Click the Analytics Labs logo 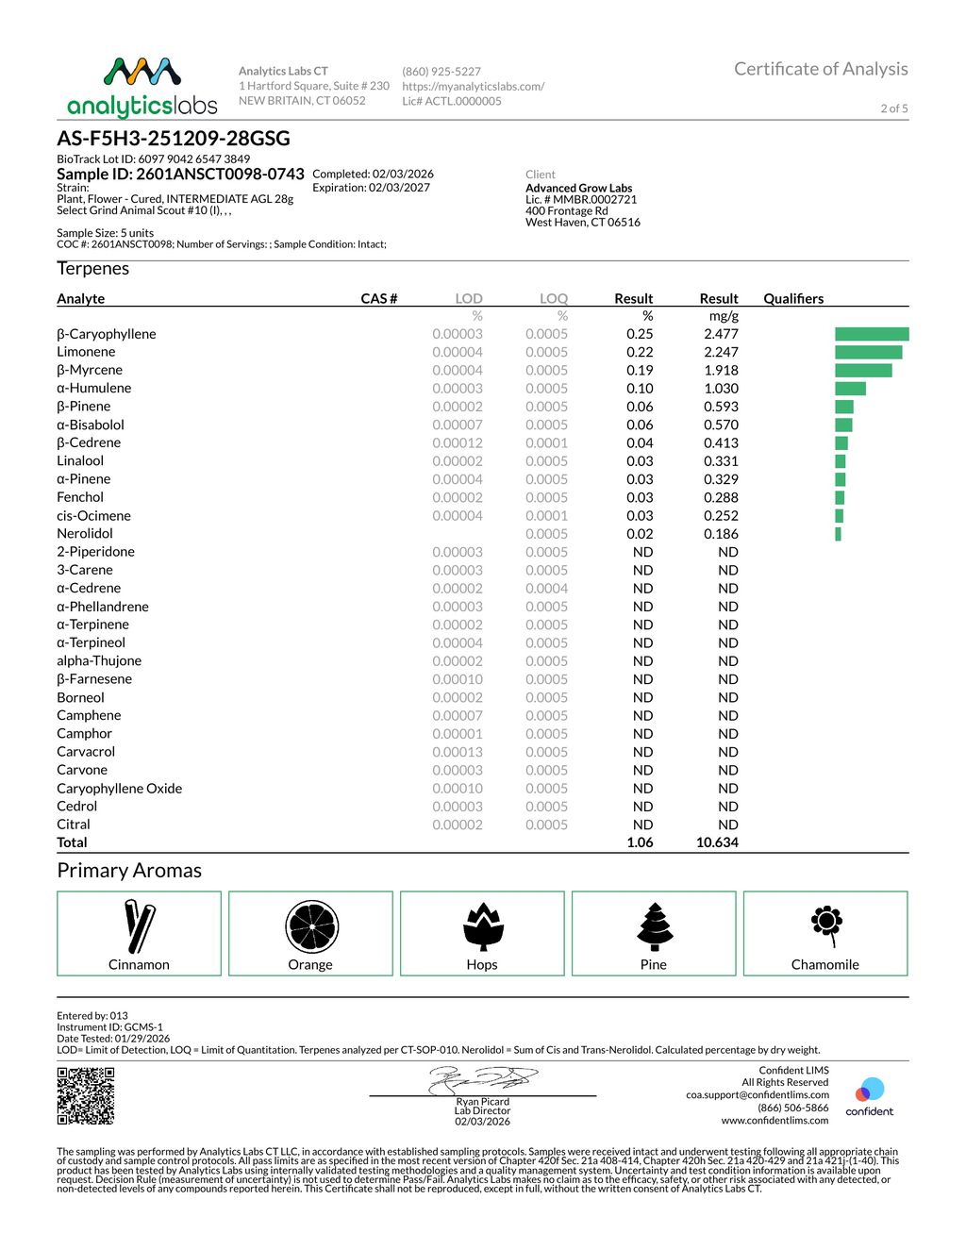click(x=142, y=87)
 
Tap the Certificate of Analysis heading click(x=821, y=69)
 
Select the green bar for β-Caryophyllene click(x=872, y=334)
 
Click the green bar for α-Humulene click(x=850, y=389)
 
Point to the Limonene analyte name click(x=86, y=352)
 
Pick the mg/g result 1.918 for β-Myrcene click(x=721, y=370)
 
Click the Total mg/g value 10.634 click(x=717, y=842)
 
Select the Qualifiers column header click(x=793, y=298)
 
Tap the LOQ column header click(x=554, y=298)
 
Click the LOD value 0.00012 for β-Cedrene click(x=458, y=442)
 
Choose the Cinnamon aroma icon click(x=140, y=926)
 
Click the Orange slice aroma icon click(x=311, y=926)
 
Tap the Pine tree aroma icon click(x=654, y=926)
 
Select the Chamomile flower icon click(x=826, y=924)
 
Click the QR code click(x=86, y=1095)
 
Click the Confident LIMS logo click(x=869, y=1096)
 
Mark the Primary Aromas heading click(x=129, y=870)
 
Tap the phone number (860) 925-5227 click(x=441, y=72)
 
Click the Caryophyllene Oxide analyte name click(x=120, y=789)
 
